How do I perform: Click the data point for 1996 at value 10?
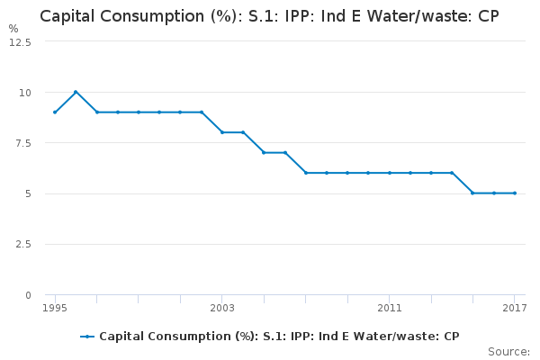click(x=76, y=92)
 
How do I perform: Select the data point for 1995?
click(x=55, y=112)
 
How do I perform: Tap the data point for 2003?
click(x=222, y=132)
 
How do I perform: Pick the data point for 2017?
click(x=515, y=193)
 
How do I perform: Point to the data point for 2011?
click(x=390, y=173)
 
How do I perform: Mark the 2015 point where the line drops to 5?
click(x=472, y=193)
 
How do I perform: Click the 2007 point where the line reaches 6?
click(x=306, y=173)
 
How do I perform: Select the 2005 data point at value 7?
click(x=264, y=152)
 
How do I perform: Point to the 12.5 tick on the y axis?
click(x=21, y=42)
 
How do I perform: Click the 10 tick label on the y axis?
click(x=25, y=93)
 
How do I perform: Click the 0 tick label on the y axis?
click(x=28, y=295)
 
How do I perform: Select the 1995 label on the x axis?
click(x=55, y=309)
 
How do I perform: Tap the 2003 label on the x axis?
click(x=222, y=309)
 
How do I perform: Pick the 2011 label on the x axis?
click(x=390, y=309)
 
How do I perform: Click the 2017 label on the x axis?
click(x=515, y=309)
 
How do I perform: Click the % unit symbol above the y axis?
click(x=13, y=29)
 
